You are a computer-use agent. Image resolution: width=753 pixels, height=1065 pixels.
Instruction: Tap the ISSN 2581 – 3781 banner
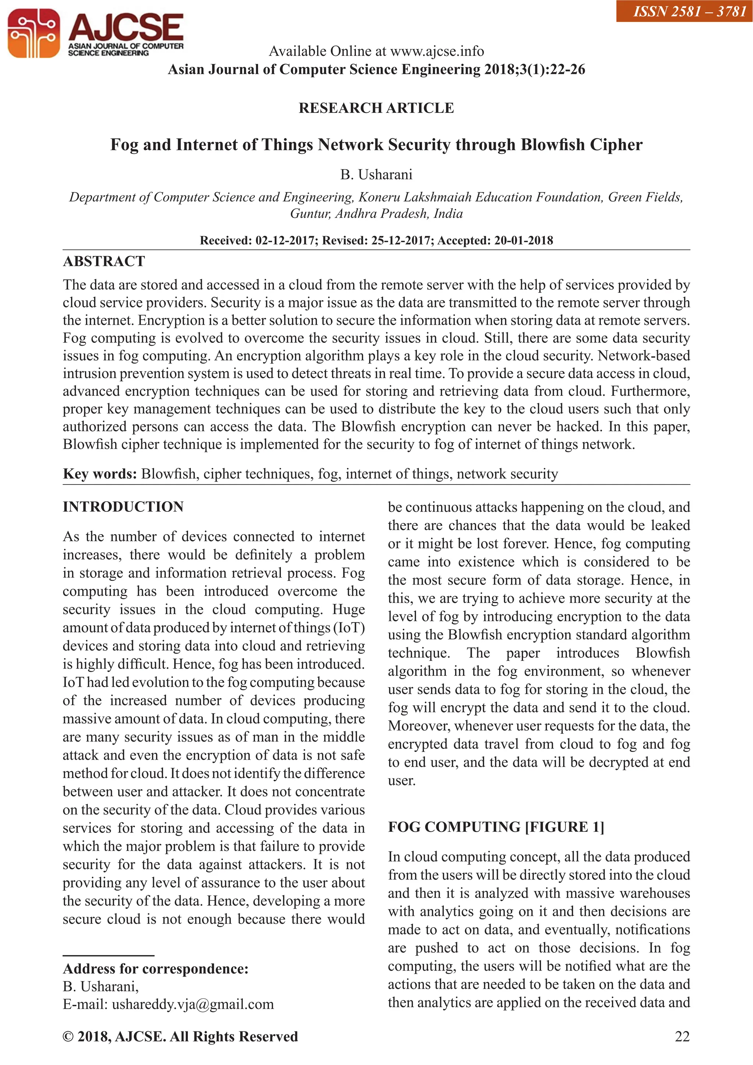click(x=684, y=11)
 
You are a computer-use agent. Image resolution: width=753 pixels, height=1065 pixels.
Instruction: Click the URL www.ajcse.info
click(x=437, y=51)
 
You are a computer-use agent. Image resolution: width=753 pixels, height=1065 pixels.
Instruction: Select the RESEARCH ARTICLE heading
click(x=376, y=108)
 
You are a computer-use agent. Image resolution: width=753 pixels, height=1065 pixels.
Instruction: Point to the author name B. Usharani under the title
click(x=376, y=174)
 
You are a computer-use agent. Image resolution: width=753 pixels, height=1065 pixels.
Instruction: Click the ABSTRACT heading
click(x=104, y=261)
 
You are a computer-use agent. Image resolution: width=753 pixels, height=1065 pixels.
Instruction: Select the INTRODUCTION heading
click(x=123, y=507)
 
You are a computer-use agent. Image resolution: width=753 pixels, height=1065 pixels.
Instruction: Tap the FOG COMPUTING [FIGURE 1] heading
click(x=496, y=827)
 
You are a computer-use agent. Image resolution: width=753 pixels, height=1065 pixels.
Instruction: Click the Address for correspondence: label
click(x=155, y=969)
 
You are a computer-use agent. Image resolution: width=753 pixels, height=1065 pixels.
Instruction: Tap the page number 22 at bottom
click(x=682, y=1036)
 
